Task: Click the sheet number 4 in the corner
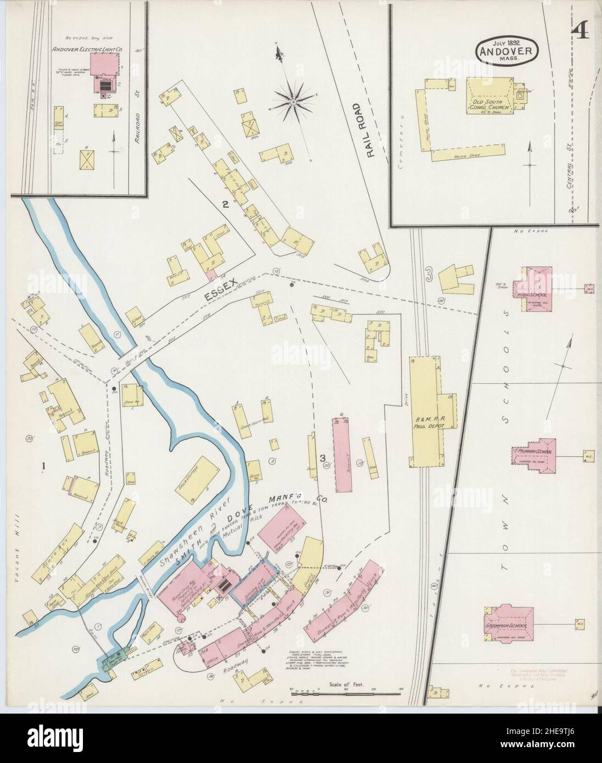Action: [580, 32]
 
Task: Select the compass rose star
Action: [293, 101]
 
